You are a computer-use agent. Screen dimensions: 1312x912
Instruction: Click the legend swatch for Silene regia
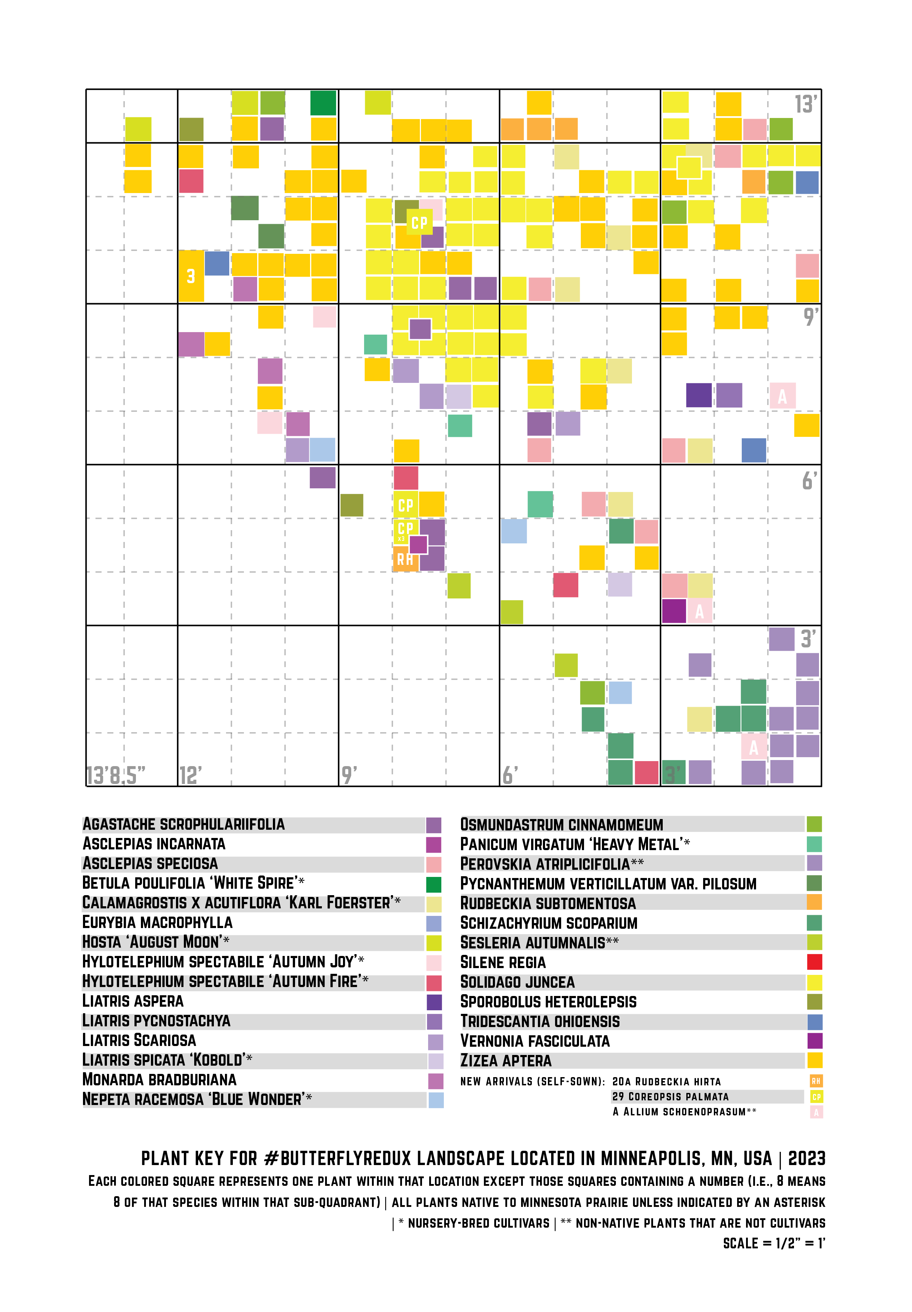[814, 962]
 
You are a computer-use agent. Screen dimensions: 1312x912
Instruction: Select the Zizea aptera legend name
[506, 1061]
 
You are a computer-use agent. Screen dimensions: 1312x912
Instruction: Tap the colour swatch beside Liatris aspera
[434, 1002]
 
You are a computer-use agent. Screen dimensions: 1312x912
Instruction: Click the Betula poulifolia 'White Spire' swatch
[434, 884]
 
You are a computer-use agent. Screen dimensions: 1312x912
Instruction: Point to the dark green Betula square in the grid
[323, 103]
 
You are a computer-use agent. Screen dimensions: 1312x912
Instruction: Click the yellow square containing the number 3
[191, 276]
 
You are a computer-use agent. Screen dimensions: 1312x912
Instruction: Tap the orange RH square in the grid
[404, 559]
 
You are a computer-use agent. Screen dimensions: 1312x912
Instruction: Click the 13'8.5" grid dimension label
[116, 775]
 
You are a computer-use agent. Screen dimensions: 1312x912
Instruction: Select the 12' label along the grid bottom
[190, 775]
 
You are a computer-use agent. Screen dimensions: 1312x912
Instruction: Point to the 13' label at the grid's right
[806, 104]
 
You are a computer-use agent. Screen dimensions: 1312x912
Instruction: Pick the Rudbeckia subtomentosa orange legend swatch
[814, 902]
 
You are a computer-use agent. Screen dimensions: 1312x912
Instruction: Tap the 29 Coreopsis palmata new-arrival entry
[670, 1096]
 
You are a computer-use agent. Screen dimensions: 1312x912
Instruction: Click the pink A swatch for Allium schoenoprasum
[816, 1111]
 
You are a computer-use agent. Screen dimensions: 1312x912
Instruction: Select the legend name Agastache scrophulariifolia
[183, 824]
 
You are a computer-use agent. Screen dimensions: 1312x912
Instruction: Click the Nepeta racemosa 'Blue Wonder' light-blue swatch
[435, 1100]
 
